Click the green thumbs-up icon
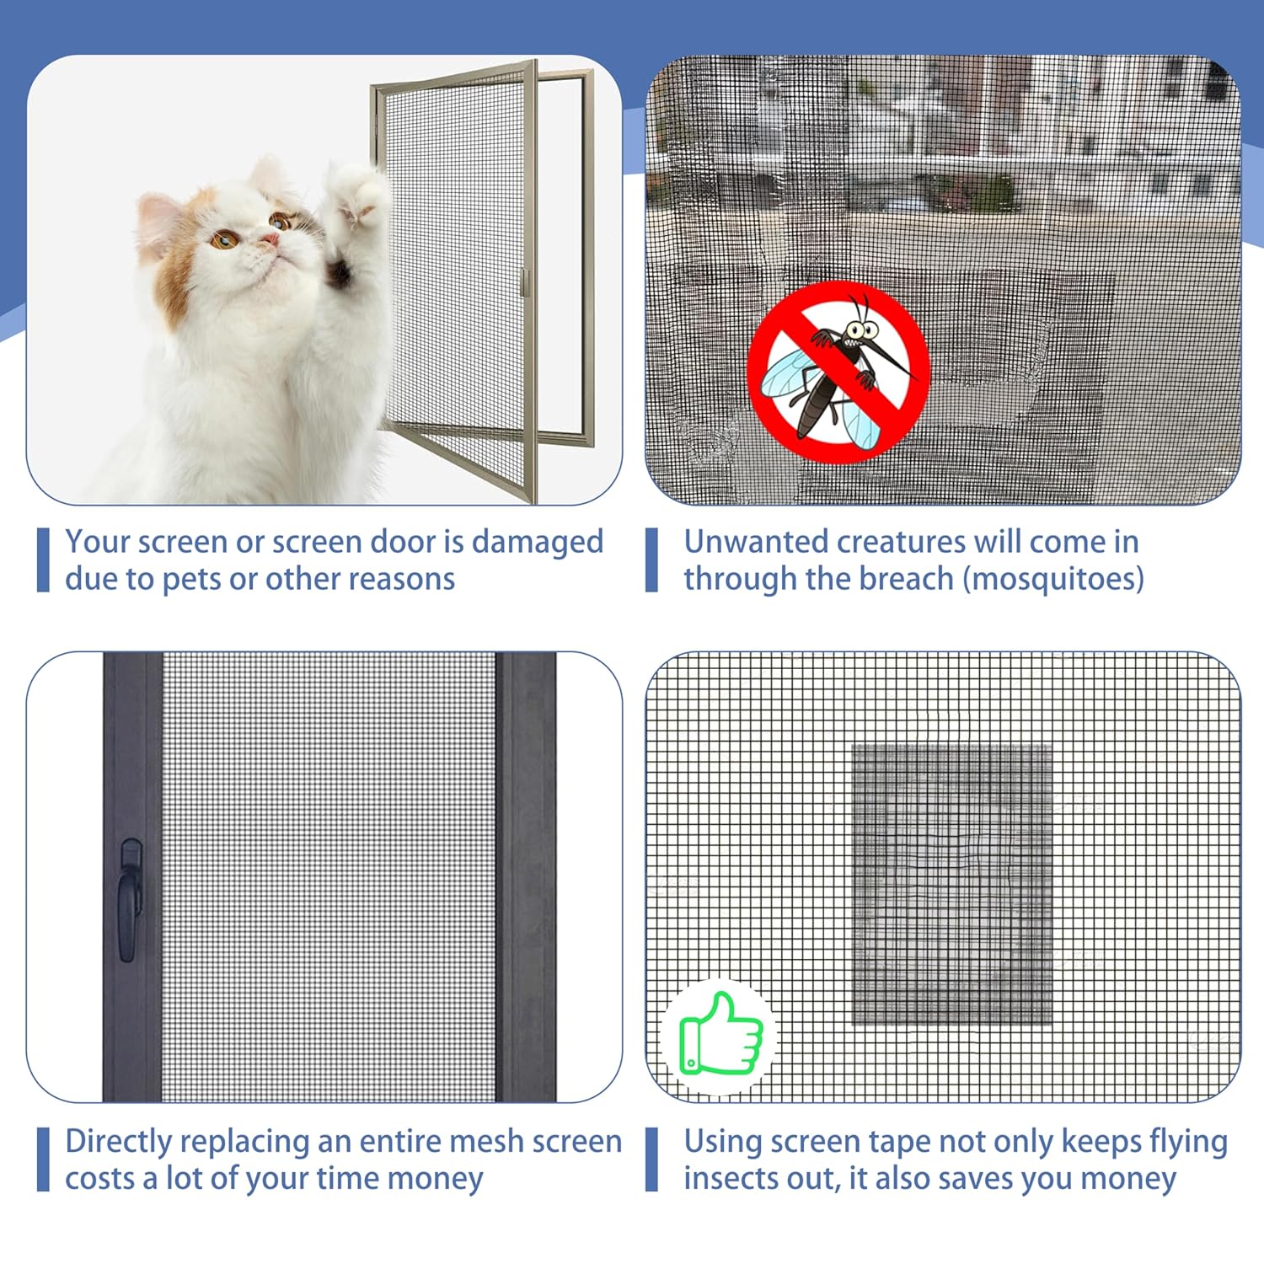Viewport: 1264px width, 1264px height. tap(720, 1034)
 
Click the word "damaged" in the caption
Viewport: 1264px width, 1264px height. tap(537, 543)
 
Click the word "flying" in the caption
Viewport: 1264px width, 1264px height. tap(1187, 1143)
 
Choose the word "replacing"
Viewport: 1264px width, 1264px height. tap(244, 1143)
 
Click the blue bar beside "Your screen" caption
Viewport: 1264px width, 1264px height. tap(43, 560)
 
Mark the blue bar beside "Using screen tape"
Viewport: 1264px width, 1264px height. tap(651, 1160)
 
